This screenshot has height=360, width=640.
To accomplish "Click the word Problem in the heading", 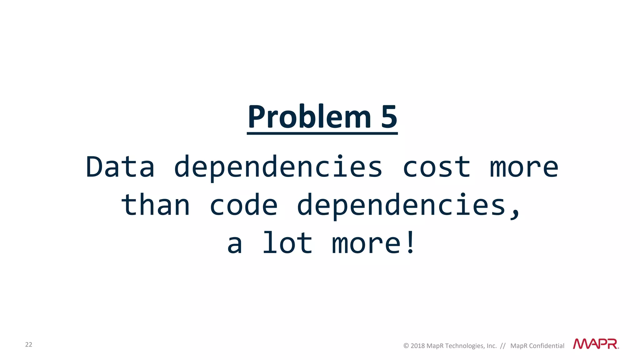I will [309, 117].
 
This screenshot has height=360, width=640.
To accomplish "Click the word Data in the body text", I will [120, 167].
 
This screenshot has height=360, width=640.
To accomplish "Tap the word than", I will [155, 205].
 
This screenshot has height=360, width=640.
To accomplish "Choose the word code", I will [243, 205].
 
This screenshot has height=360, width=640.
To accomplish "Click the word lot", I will [287, 243].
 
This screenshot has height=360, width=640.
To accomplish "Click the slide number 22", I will [29, 344].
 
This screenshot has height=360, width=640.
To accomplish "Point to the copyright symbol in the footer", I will [406, 346].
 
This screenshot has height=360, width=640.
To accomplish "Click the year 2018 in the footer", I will [417, 346].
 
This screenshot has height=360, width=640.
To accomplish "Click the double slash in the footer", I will [503, 346].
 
